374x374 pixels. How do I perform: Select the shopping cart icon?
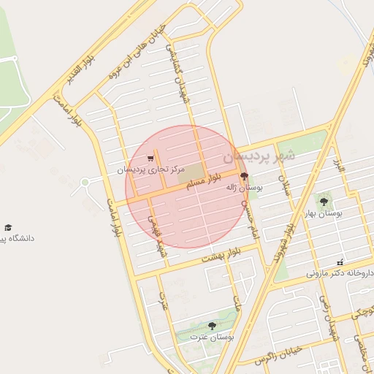[150, 158]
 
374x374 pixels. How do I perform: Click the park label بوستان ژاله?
[244, 188]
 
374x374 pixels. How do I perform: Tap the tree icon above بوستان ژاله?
[244, 176]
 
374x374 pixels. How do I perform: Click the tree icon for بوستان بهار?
[324, 200]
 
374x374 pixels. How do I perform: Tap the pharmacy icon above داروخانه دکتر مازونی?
[340, 262]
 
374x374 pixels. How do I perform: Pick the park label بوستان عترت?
[212, 337]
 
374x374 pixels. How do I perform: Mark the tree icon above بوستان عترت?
[212, 326]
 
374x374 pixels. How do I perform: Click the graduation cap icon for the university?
[8, 227]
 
